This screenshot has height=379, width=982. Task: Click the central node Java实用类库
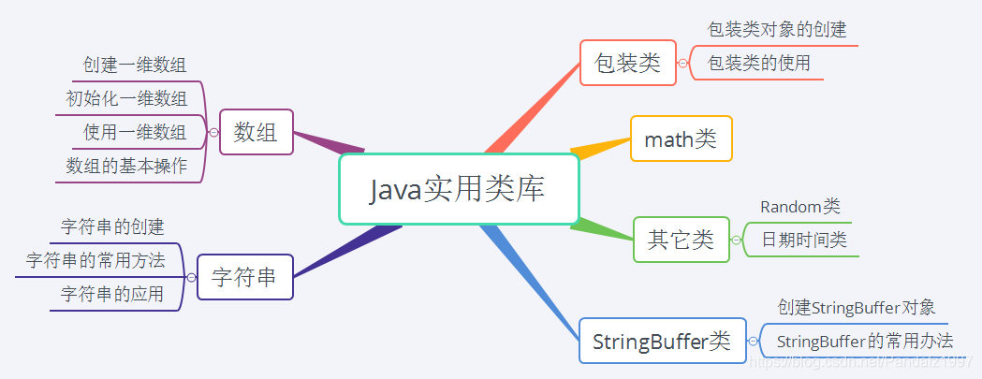click(x=458, y=190)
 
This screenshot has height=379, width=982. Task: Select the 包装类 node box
click(x=627, y=63)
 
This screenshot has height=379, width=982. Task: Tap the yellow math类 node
click(x=681, y=139)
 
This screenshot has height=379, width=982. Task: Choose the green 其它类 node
click(x=681, y=240)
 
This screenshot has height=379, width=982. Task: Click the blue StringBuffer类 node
click(x=662, y=341)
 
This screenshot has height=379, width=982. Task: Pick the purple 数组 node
click(x=256, y=132)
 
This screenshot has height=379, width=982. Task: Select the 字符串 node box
click(x=244, y=277)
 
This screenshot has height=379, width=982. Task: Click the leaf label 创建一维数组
click(x=135, y=65)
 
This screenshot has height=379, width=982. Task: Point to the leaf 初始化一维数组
click(x=126, y=98)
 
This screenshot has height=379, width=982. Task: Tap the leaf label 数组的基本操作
click(x=126, y=166)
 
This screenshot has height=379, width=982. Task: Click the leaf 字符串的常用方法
click(x=95, y=260)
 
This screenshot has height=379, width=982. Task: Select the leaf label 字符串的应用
click(x=112, y=294)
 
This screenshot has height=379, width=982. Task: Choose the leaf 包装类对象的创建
click(x=777, y=30)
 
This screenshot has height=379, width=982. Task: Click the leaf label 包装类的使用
click(x=759, y=64)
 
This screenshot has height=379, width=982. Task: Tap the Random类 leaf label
click(x=799, y=207)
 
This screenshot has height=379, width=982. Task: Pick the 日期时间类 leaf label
click(x=803, y=240)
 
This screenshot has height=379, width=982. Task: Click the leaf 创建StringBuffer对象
click(x=857, y=307)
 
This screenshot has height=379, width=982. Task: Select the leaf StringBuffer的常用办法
click(x=865, y=341)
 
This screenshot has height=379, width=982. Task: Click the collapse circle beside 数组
click(x=213, y=133)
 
